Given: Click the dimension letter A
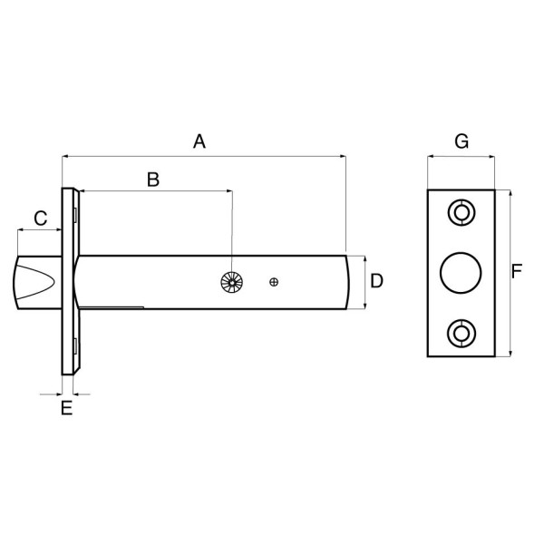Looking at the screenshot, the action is pos(199,141).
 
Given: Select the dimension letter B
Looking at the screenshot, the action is pos(153,180).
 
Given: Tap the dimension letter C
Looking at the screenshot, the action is pos(40,219).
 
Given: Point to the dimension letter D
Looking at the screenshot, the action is pos(377,281).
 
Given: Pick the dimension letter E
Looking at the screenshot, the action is pos(66,408).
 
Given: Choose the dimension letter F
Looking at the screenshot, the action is pos(517,271).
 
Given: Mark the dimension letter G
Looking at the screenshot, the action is pos(461,141).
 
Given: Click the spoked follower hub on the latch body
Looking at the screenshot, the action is pos(232,282).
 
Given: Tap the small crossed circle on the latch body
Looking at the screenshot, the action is pos(274,282).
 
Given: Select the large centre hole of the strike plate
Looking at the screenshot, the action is pos(461,273).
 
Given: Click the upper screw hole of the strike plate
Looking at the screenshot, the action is pos(461,212).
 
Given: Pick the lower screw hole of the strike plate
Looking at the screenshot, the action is pos(461,334).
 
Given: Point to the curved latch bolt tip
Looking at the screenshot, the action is pos(34,282).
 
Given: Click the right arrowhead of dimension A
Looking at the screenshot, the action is pos(343,157).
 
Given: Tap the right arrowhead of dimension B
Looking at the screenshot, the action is pos(228,190).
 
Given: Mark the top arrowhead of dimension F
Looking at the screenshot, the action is pos(510,194).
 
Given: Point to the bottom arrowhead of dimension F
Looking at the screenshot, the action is pos(510,353).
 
